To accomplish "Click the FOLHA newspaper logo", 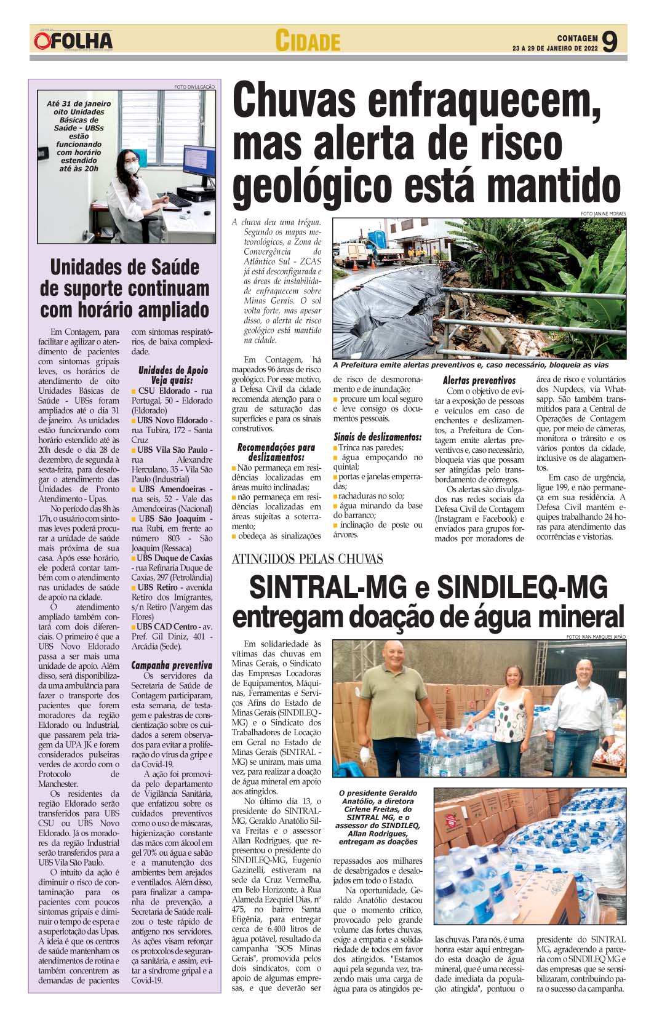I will point(74,41).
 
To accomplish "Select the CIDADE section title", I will point(307,41).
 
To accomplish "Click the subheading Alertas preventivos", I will point(479,380).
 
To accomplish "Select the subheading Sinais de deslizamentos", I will point(377,436).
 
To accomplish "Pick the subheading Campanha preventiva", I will point(172,665).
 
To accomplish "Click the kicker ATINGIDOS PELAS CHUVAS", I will point(308,559).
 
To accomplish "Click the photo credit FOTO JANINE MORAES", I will point(602,213).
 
